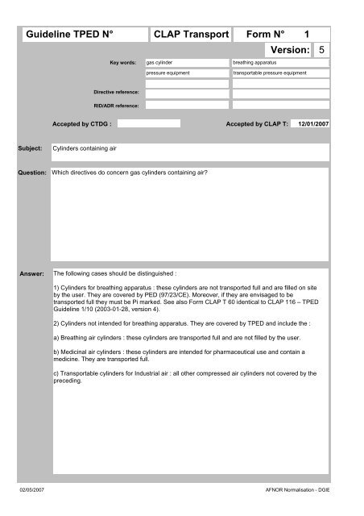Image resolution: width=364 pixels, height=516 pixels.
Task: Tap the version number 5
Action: (322, 50)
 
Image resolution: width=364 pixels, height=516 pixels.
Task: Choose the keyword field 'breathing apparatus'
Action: (279, 61)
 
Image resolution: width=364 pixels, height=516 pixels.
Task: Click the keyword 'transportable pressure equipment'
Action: (279, 73)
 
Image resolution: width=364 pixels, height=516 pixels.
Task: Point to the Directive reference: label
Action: (117, 94)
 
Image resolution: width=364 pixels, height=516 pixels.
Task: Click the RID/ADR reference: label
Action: (118, 105)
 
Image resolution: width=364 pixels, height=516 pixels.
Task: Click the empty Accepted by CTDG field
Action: (150, 124)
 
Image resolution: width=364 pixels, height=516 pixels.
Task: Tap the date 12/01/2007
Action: (309, 125)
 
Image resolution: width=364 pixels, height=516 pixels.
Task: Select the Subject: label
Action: (31, 149)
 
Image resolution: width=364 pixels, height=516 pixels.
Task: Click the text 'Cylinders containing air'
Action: (81, 150)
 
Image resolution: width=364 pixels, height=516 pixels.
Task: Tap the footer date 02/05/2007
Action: (33, 489)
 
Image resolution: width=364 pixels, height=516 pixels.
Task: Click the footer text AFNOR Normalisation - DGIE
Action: (304, 489)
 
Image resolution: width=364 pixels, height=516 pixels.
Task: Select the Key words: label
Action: (123, 61)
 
